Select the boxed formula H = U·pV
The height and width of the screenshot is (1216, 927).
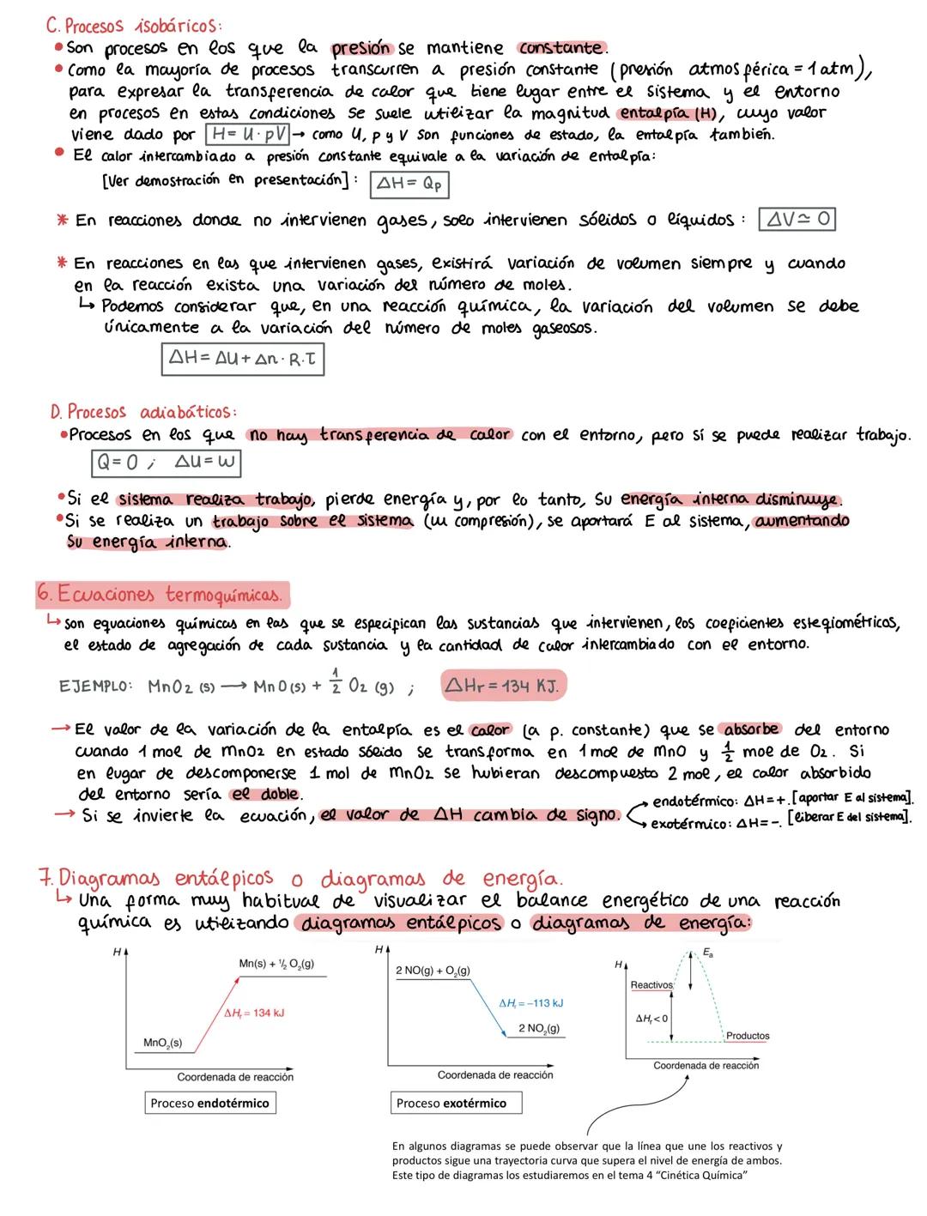(x=246, y=136)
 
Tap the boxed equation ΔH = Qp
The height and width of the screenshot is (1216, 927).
(x=409, y=184)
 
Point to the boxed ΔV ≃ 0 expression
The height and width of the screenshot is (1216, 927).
(x=797, y=220)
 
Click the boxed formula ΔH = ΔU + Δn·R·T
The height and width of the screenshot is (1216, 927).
(x=242, y=360)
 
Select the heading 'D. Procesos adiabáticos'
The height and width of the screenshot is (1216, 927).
(x=143, y=412)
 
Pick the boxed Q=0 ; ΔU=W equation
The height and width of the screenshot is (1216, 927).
(x=167, y=463)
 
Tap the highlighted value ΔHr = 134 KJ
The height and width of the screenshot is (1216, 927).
(x=504, y=686)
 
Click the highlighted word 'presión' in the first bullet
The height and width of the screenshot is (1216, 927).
(x=361, y=48)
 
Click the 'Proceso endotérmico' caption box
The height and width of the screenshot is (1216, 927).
(x=209, y=1103)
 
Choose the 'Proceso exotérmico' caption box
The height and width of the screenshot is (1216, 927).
(x=457, y=1103)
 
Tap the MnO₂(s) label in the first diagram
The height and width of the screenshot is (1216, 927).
(x=162, y=1043)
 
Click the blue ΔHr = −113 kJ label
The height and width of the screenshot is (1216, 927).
(x=530, y=1002)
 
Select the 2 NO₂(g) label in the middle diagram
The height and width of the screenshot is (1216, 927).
(x=539, y=1028)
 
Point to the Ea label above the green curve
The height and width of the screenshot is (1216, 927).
(x=706, y=953)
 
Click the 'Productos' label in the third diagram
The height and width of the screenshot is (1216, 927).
(x=747, y=1036)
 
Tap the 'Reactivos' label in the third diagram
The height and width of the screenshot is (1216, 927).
(x=651, y=984)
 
